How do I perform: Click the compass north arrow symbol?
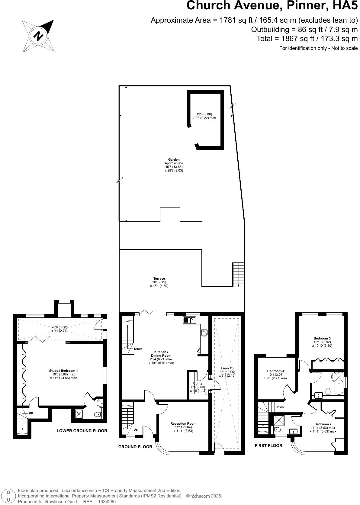[39, 36]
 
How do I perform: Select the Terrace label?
[159, 279]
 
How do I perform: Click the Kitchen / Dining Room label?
[160, 354]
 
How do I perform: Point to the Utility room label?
[198, 384]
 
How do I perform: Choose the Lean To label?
[227, 368]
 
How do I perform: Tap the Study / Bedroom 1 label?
[63, 371]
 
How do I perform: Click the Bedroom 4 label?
[275, 371]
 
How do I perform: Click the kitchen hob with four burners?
[204, 333]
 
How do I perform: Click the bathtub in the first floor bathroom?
[337, 383]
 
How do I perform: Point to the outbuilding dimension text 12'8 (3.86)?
[204, 114]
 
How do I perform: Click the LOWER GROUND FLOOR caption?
[82, 431]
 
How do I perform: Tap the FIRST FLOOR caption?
[268, 445]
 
